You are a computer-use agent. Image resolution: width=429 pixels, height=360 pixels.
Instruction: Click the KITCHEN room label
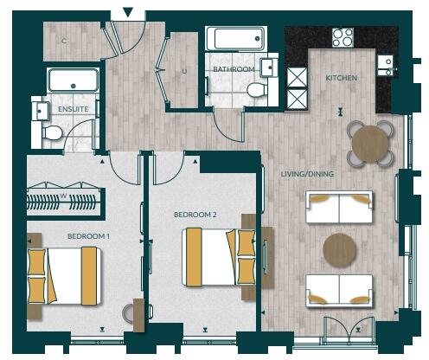point(341,78)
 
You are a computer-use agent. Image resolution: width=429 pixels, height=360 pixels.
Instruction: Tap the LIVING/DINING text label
point(307,174)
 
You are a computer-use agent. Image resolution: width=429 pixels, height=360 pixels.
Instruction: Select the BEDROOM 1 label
point(88,235)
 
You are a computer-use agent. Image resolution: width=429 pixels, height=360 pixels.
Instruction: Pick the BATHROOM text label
point(234,69)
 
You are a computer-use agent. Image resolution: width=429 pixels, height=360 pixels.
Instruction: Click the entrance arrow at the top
point(128,12)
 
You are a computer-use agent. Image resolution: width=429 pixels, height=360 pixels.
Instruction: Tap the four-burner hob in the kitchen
point(343,37)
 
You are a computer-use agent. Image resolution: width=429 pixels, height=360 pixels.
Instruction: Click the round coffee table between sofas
point(340,250)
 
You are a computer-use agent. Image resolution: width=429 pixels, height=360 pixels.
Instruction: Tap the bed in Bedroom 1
point(67,275)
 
